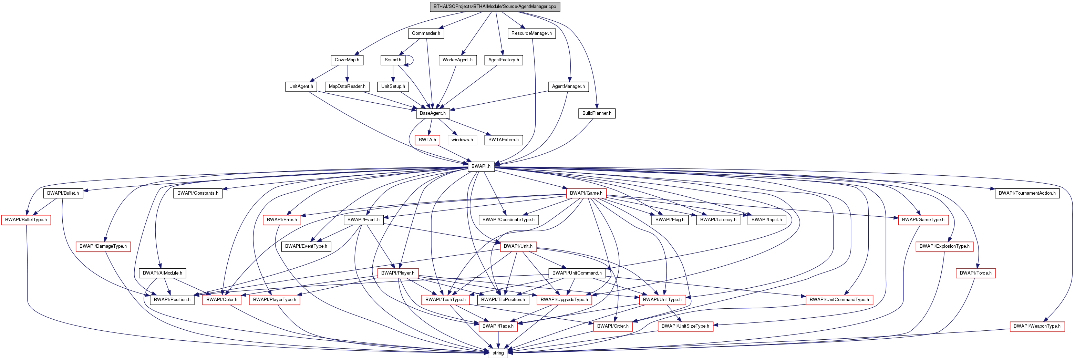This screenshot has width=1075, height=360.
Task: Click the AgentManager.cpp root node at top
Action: [495, 7]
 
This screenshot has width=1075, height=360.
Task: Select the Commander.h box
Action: [426, 33]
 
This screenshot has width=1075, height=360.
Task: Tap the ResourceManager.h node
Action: [531, 33]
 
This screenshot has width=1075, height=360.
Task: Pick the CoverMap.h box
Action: [347, 60]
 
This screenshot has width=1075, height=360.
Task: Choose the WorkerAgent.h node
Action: [457, 60]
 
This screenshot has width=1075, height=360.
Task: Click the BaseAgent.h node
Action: [432, 113]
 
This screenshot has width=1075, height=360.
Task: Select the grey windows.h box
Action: [462, 140]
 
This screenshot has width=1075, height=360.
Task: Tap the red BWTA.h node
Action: [427, 140]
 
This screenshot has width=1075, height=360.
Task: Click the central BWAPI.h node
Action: [481, 166]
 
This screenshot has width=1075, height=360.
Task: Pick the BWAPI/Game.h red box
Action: [586, 193]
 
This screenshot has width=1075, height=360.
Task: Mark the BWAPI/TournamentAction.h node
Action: [1027, 193]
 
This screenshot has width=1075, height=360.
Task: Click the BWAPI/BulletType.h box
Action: [26, 220]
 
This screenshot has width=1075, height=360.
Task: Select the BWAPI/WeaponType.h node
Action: [1037, 326]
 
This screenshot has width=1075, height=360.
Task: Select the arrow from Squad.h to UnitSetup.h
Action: [393, 73]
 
